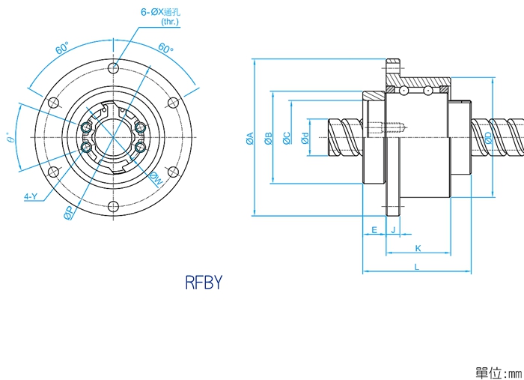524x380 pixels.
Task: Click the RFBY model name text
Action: point(204,283)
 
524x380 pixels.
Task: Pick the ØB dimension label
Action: point(269,139)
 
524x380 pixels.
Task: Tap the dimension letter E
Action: point(374,230)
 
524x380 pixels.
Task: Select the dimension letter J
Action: point(392,230)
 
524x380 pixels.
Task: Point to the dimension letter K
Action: point(418,248)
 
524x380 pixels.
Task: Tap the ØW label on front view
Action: point(156,178)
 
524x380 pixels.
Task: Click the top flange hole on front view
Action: point(114,69)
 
